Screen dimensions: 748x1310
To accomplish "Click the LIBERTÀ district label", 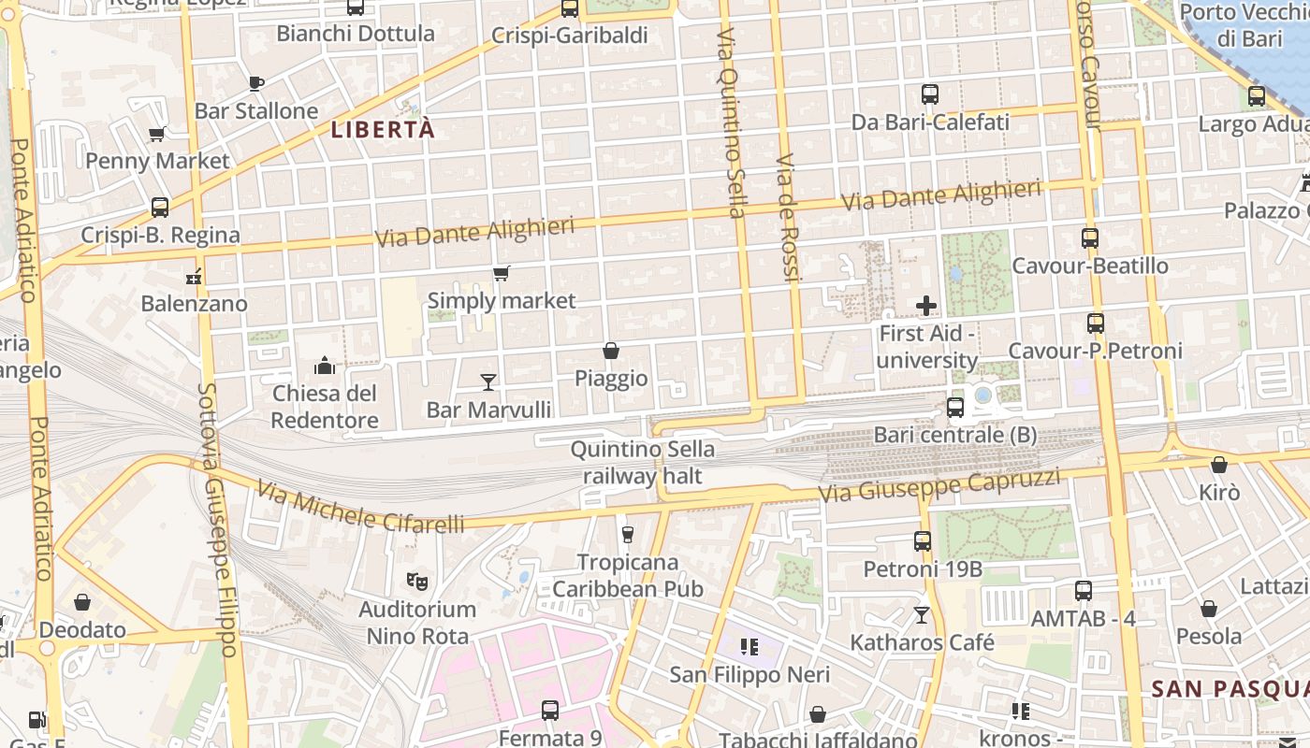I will (384, 130).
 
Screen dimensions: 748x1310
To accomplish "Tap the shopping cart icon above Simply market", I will (502, 273).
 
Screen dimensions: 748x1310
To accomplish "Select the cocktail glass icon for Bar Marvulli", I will (488, 381).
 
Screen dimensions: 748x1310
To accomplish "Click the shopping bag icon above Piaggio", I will (611, 351).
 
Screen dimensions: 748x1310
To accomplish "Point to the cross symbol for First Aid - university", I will (926, 306).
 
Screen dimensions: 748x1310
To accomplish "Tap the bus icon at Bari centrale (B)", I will (955, 408).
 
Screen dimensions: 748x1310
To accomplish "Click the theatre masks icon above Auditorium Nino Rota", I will (417, 582).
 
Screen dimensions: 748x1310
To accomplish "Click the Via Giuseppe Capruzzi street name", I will (939, 485).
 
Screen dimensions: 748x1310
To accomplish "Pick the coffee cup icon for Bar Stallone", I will (256, 83).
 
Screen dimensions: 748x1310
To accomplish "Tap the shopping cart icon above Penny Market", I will (157, 134).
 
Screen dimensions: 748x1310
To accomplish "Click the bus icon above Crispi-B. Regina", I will (160, 207).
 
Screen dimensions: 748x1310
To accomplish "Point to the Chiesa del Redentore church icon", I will (325, 365).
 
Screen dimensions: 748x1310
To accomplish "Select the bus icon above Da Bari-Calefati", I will (930, 94).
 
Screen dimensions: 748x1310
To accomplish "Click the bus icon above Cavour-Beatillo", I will (1090, 238).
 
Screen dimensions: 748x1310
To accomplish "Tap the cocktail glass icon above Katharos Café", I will (922, 614).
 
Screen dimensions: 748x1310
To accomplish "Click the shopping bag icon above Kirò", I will (1219, 465).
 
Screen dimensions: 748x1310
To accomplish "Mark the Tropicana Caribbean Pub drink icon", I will (628, 534).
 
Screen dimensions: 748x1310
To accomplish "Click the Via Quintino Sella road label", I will (731, 122).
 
